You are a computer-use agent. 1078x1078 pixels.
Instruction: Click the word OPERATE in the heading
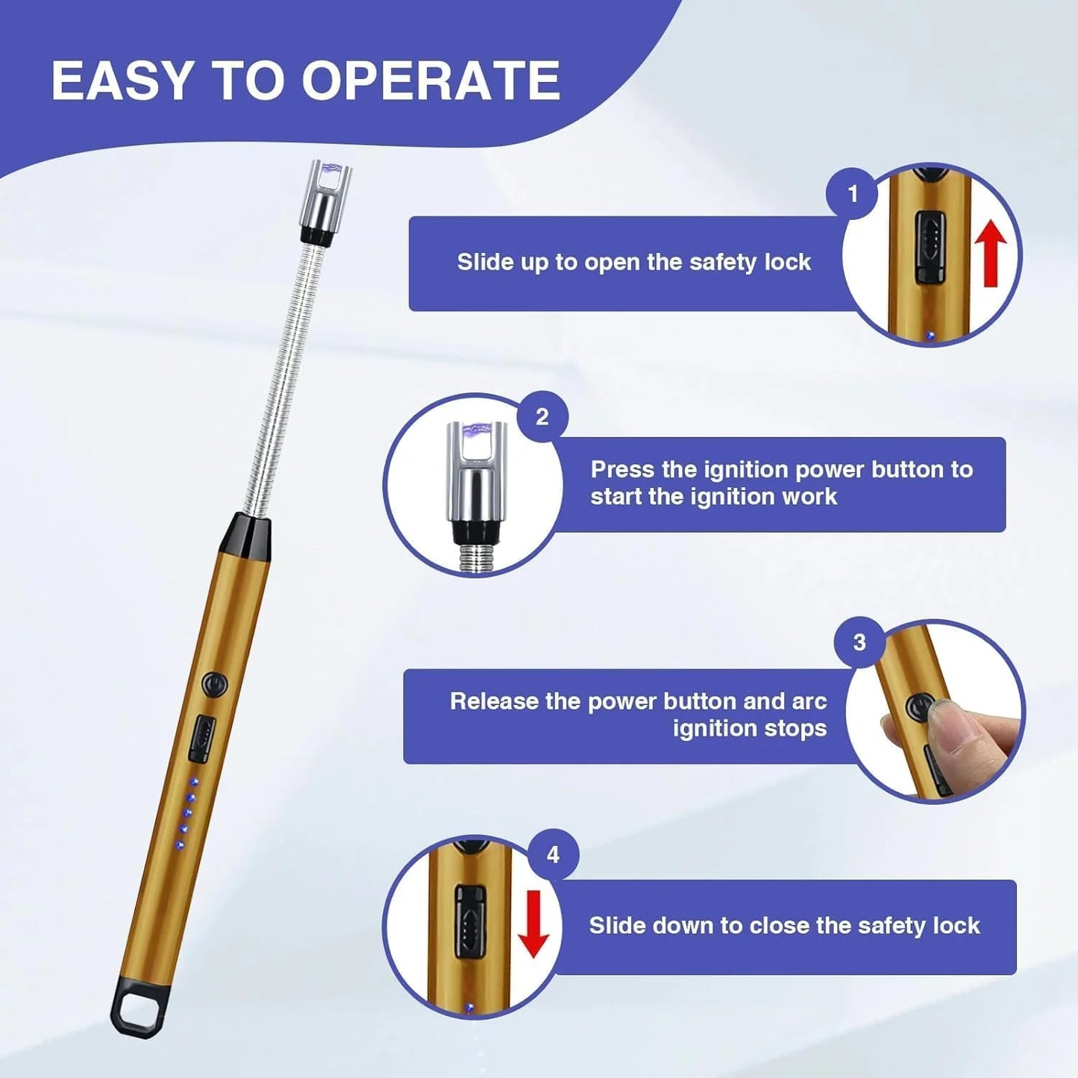(430, 81)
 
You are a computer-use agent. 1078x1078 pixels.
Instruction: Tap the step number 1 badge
(853, 194)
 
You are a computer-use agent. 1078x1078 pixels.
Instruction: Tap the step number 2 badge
(542, 417)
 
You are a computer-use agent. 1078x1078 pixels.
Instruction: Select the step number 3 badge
(860, 643)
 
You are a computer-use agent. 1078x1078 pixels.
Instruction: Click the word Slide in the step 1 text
(482, 262)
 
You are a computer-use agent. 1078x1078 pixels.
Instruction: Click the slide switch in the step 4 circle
(469, 926)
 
